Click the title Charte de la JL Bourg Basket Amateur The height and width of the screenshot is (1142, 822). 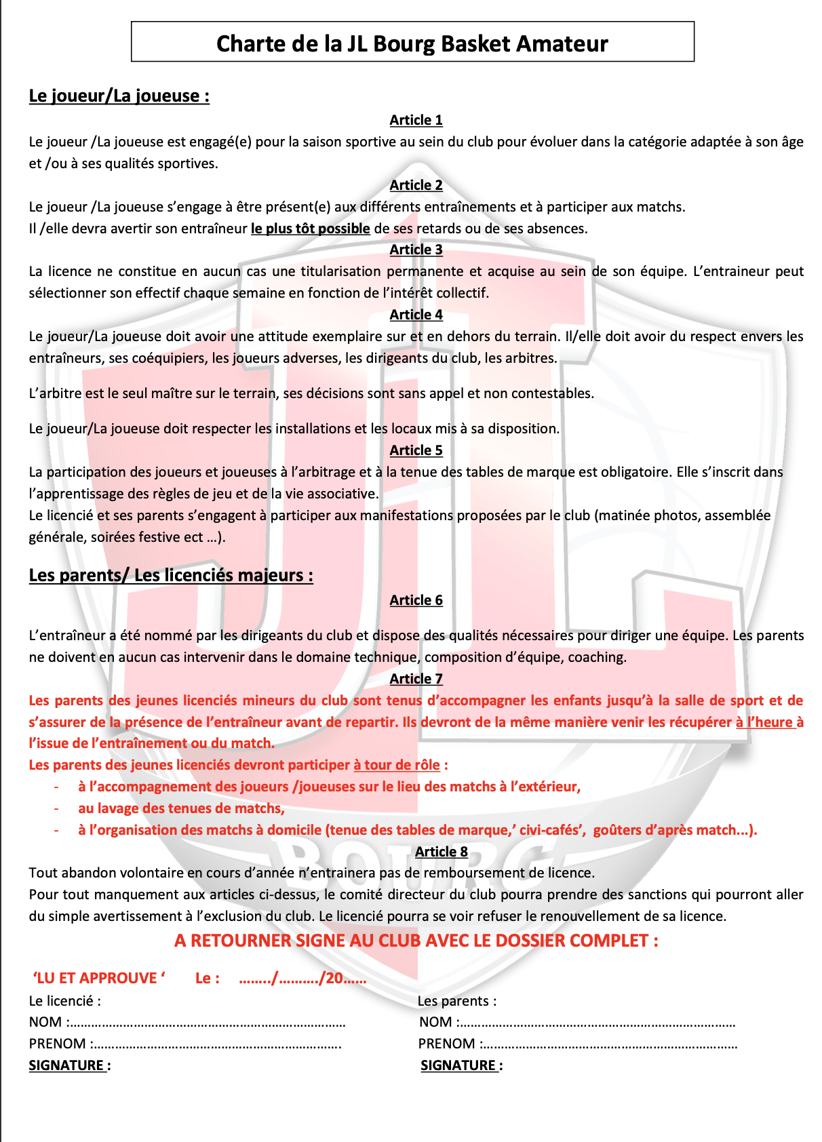412,43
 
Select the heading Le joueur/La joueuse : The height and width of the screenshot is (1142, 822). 119,96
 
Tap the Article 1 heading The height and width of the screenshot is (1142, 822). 416,120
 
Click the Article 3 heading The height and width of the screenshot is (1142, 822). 416,250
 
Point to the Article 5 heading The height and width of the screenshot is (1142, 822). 416,450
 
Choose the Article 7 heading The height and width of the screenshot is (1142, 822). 416,679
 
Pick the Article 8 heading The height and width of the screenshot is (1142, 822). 441,852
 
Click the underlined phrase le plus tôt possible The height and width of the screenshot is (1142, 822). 310,229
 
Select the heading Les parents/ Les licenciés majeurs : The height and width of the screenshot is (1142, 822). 171,575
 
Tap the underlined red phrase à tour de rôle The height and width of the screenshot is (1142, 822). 397,765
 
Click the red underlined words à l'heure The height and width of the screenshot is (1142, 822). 764,722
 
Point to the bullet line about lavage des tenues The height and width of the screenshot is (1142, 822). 181,808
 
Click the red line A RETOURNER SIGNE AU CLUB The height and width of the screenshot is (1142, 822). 416,941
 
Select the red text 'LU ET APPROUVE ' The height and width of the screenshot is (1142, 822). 99,978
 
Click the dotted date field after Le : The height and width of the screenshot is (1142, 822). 302,978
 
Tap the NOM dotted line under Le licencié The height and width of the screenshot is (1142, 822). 207,1023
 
